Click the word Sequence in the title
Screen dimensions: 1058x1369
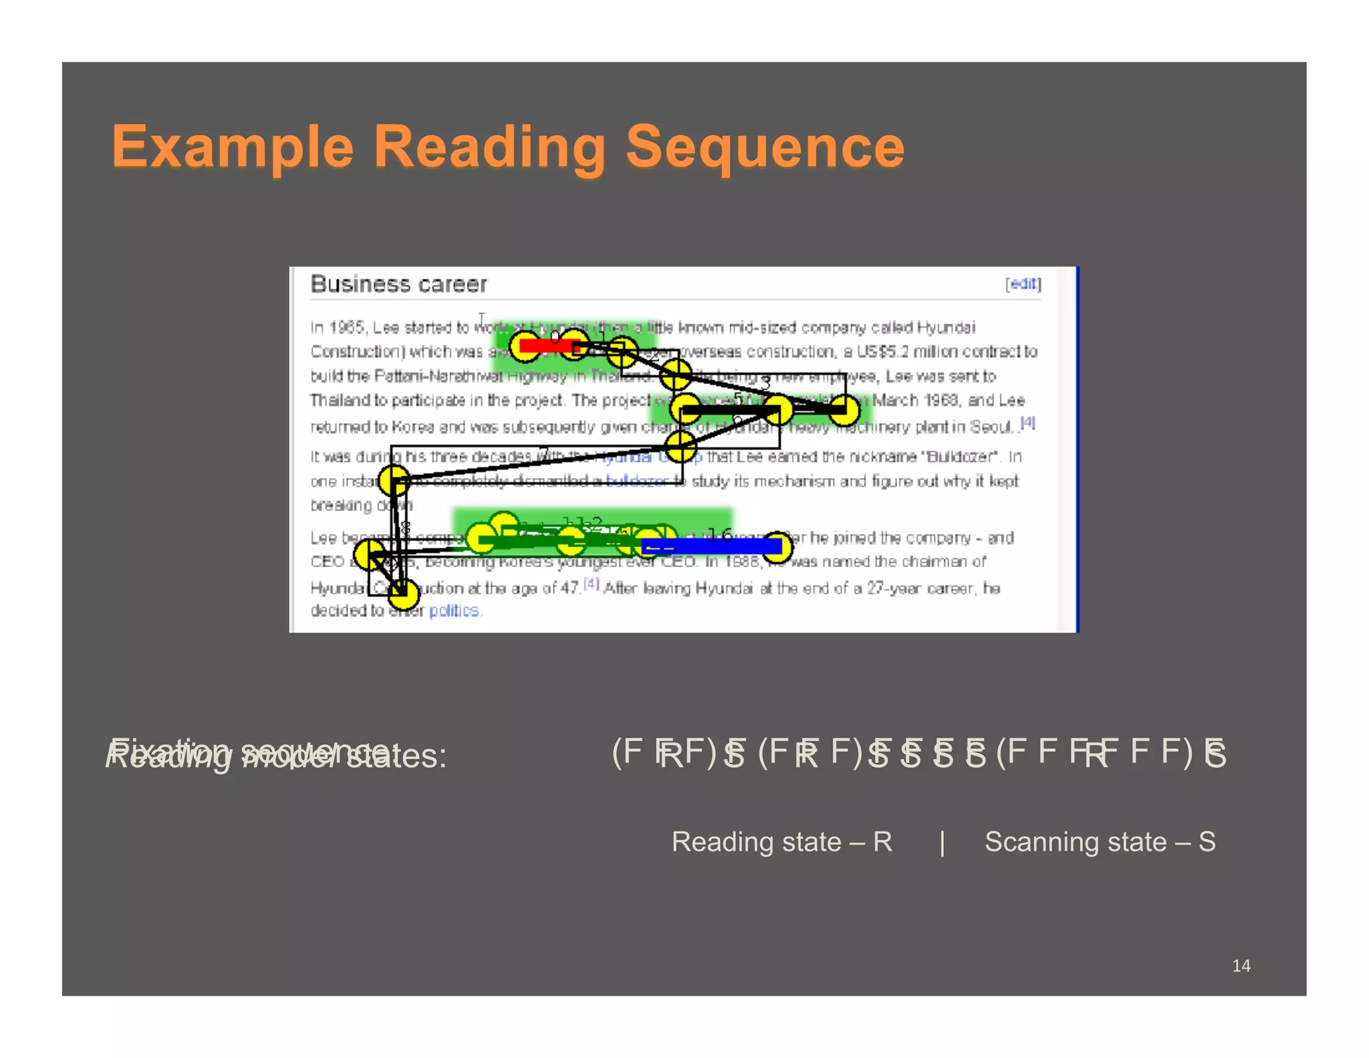[765, 147]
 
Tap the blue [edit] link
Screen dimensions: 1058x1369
[1023, 284]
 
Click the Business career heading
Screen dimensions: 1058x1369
[399, 284]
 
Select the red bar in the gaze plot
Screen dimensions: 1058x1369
[548, 345]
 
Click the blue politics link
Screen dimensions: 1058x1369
[454, 611]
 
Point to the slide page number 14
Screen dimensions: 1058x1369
[1241, 965]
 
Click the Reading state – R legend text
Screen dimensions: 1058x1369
[781, 841]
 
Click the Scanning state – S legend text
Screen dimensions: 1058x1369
[1100, 841]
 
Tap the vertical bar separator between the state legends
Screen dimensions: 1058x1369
[942, 842]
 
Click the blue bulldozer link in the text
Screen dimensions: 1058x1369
[636, 481]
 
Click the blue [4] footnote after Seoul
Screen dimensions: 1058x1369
[1027, 423]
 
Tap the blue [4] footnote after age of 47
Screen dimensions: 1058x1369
[592, 584]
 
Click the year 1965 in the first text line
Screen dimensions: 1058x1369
[346, 328]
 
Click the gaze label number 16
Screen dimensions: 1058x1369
[720, 534]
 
